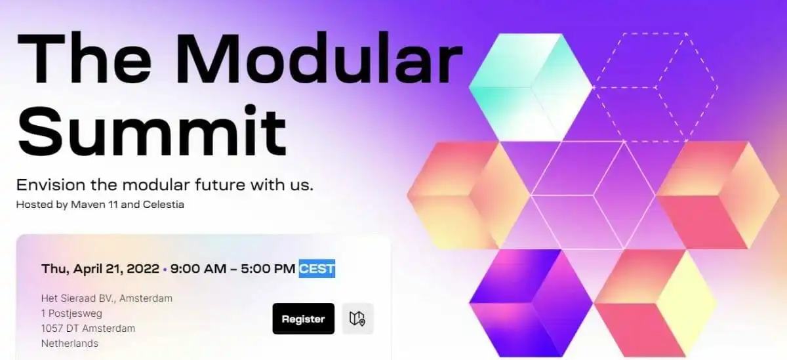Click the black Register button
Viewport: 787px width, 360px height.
[x=303, y=319]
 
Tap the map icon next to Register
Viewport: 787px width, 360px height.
[x=357, y=319]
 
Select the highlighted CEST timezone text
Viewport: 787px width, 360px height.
[x=317, y=269]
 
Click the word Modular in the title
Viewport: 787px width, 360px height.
[x=319, y=59]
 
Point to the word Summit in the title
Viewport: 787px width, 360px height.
[x=151, y=131]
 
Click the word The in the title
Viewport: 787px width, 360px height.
[x=85, y=59]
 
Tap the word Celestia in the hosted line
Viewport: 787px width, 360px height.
[x=163, y=205]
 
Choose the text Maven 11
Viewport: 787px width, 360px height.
[x=94, y=205]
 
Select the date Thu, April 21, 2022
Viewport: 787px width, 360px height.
[x=100, y=269]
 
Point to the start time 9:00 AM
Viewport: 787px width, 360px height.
[x=198, y=269]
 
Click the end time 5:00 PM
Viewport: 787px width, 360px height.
[x=268, y=269]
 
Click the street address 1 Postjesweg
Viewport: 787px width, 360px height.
[x=71, y=313]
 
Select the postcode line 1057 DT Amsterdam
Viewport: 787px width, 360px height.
[x=88, y=329]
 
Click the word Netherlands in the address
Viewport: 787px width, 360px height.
[x=70, y=343]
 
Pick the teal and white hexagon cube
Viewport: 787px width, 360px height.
[x=531, y=87]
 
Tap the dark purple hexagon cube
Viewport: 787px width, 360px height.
[x=531, y=303]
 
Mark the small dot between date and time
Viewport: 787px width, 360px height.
[x=165, y=270]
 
